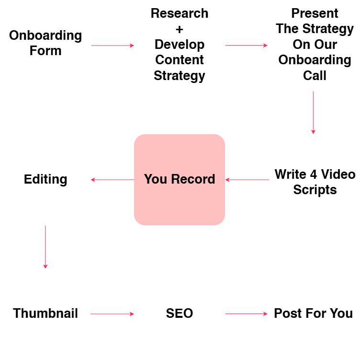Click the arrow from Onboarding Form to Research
click(113, 46)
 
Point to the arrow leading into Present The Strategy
click(247, 46)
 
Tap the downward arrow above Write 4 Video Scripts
click(313, 113)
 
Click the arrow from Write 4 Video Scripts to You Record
click(247, 180)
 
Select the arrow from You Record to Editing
click(113, 180)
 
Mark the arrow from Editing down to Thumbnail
click(45, 247)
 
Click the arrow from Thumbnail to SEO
click(113, 314)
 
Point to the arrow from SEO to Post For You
click(247, 314)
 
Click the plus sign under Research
click(180, 29)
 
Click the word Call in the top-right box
click(315, 76)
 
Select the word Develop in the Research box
click(180, 45)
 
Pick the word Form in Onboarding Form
click(45, 51)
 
